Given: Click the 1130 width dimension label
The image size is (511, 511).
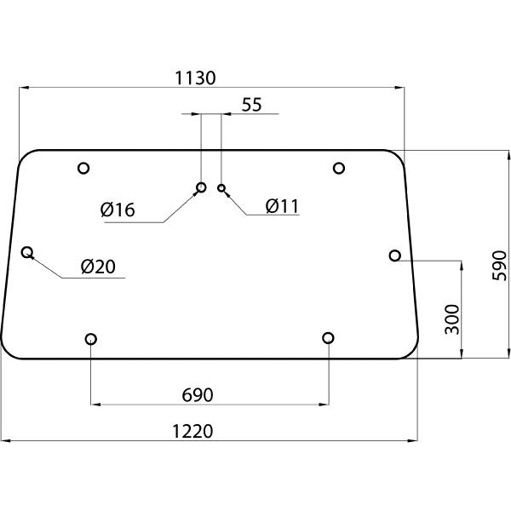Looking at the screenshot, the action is tap(195, 78).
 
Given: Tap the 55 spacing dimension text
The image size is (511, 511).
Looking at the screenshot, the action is tap(251, 105).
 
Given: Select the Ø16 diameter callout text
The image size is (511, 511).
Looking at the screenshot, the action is tap(118, 210).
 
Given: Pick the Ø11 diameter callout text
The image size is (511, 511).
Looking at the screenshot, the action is tap(282, 206).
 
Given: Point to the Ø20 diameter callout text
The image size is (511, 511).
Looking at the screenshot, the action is tap(98, 267).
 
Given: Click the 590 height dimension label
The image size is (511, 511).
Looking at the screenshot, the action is tap(499, 266).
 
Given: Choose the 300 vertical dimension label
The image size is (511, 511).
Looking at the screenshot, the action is tap(452, 319).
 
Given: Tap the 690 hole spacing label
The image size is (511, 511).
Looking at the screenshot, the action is tap(198, 395).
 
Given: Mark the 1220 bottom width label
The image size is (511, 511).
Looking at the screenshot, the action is tap(192, 431).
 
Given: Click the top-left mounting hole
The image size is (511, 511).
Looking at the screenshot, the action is tap(83, 168).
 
